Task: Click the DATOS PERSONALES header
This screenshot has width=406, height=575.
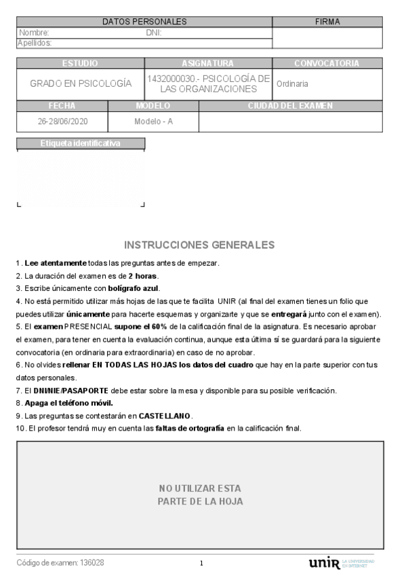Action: coord(144,22)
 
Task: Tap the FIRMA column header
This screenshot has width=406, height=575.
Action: coord(328,22)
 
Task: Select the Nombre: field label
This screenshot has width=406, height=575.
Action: coord(34,32)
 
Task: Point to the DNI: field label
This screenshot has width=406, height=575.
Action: coord(153,32)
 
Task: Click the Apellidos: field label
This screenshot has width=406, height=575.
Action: coord(35,42)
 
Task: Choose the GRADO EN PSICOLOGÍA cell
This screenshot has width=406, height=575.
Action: coord(81,83)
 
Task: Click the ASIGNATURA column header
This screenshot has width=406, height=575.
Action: coord(208,63)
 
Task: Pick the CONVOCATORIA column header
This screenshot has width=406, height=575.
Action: coord(327,63)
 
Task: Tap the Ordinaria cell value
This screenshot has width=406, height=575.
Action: coord(292,84)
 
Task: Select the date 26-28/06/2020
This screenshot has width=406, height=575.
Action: coord(62,122)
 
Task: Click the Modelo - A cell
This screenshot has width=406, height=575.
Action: coord(153,122)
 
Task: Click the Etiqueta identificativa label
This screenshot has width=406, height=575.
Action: coord(81,144)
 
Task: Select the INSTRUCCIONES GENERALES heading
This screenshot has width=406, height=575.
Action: coord(200,244)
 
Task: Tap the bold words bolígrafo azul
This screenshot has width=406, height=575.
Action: coord(134,289)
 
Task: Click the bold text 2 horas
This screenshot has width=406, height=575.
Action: coord(143,276)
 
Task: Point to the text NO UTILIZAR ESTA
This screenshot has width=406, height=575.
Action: coord(200,488)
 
